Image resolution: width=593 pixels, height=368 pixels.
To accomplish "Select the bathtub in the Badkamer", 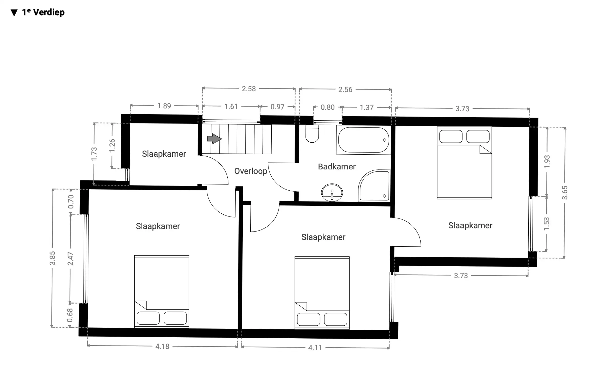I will pos(363,140).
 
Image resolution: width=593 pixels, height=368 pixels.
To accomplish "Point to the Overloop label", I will pos(251,171).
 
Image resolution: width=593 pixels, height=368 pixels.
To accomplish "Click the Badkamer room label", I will pos(336,167).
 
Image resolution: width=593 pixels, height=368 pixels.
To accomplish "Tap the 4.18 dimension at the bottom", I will pos(162,346).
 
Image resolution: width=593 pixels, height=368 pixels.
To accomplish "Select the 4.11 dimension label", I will pos(315,348).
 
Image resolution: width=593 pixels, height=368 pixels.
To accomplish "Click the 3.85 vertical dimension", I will pos(52,258).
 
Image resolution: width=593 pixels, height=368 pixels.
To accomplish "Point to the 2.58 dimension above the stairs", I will pos(249,89).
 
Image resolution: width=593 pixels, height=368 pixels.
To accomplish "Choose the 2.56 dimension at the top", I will pos(345,89).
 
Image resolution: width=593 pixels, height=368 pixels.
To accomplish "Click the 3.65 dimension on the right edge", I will pos(565,193).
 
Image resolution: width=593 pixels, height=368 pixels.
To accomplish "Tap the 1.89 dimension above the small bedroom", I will pos(164,106).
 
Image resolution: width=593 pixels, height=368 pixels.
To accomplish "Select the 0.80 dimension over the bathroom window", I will pos(328,107).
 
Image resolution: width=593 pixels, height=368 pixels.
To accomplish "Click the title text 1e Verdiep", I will pos(43,12).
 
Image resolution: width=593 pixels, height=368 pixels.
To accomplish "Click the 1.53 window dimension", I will pos(546,224).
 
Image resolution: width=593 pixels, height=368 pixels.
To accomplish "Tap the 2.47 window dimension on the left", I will pos(70,258).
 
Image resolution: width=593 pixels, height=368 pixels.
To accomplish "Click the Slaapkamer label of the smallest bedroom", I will pos(164,154).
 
